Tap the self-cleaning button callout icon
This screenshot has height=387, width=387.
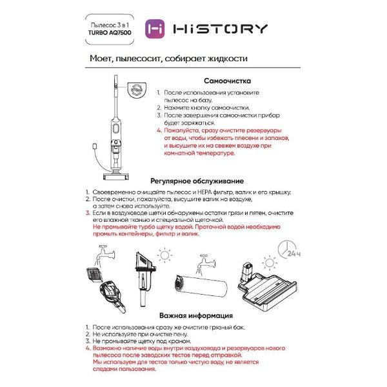pyautogui.click(x=136, y=88)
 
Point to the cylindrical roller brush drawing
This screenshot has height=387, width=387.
pyautogui.click(x=200, y=290)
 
